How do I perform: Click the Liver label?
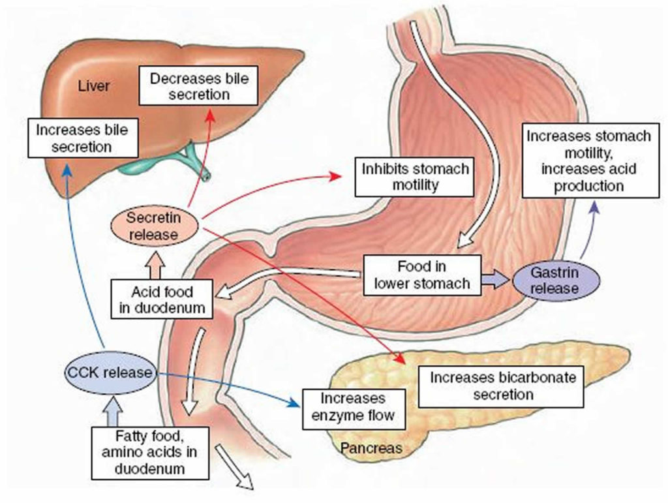click(93, 86)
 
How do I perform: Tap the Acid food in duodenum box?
click(161, 299)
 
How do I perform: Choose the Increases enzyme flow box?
click(353, 406)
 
